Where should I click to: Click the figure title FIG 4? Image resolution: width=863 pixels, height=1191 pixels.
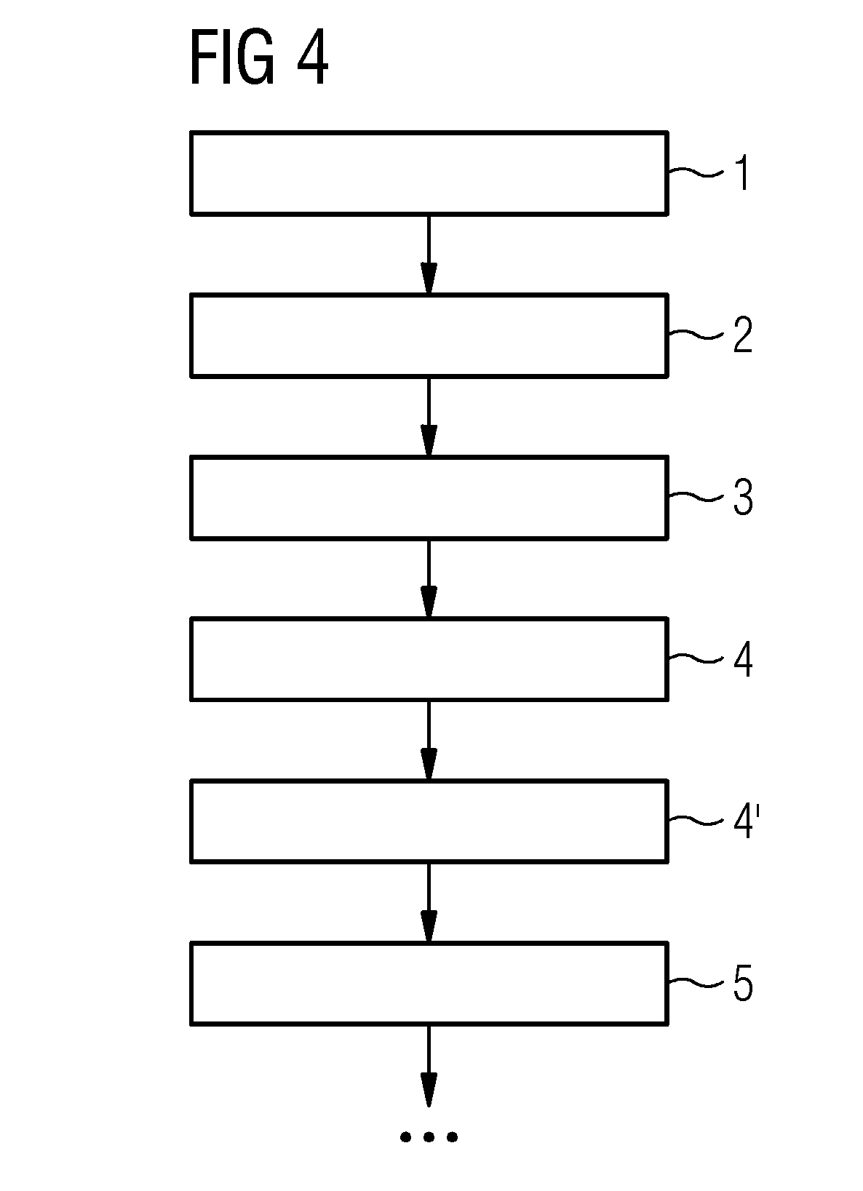[x=259, y=57]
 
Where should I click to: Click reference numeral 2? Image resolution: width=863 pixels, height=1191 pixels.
[x=743, y=335]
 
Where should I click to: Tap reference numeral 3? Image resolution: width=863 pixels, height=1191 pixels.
[x=743, y=497]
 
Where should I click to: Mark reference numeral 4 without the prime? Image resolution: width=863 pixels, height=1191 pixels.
[x=743, y=658]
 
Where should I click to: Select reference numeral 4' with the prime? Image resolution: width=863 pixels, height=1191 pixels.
[x=747, y=821]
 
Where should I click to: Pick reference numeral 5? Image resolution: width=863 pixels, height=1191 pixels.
[x=743, y=983]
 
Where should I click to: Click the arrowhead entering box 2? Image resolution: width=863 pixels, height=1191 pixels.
[x=429, y=277]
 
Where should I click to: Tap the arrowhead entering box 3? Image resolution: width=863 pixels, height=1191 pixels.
[x=429, y=439]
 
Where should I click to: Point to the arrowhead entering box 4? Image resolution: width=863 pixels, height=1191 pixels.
[x=429, y=602]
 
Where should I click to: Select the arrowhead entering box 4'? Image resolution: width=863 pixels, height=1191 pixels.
[x=429, y=763]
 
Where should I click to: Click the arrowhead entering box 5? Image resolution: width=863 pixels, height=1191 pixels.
[x=429, y=925]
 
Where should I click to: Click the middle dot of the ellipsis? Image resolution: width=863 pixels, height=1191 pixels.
[x=429, y=1137]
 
